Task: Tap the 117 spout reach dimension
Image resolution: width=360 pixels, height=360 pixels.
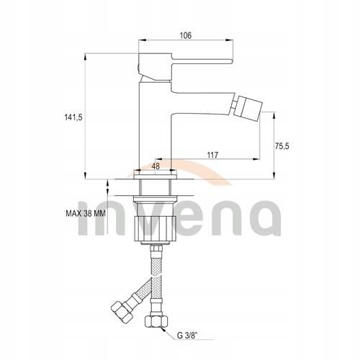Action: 212,155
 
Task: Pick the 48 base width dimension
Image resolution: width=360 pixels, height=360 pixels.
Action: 156,166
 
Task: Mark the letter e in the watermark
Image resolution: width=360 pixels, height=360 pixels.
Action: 183,220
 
